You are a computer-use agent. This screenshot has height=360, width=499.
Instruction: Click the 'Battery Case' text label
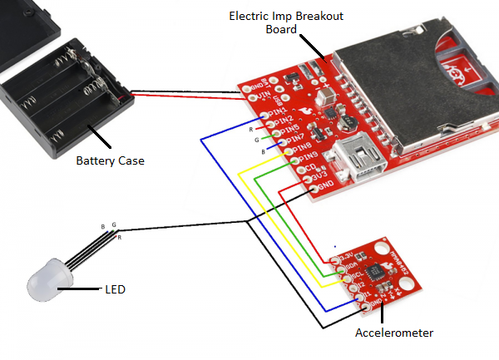click(x=111, y=160)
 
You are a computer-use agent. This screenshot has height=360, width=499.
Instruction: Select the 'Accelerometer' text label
click(x=394, y=333)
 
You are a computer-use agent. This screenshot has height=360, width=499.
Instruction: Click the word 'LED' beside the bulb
click(x=115, y=289)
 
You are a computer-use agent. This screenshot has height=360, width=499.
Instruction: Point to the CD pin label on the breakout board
click(x=310, y=166)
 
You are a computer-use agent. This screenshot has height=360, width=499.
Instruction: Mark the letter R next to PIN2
click(x=250, y=130)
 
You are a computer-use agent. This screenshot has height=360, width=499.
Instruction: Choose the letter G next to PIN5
click(x=258, y=141)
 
